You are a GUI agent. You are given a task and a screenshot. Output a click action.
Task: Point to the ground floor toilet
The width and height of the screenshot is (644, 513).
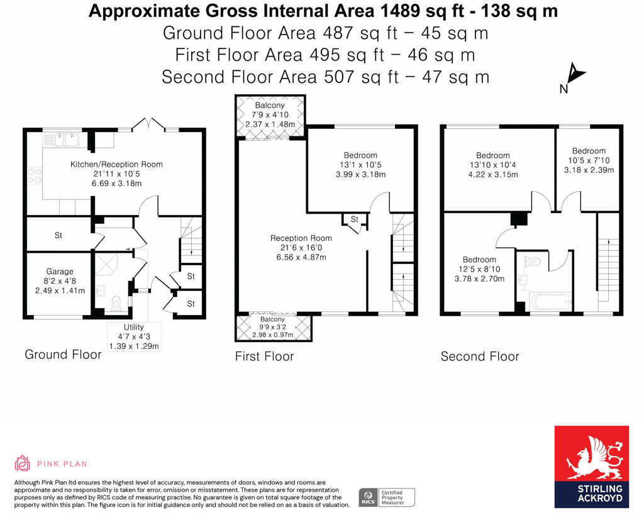[115, 305]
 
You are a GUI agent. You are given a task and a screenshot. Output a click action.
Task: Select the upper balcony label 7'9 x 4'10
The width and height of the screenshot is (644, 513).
[270, 115]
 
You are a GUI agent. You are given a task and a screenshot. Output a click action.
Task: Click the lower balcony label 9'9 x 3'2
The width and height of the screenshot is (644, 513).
[273, 327]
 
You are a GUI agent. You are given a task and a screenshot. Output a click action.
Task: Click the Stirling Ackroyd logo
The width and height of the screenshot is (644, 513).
[591, 466]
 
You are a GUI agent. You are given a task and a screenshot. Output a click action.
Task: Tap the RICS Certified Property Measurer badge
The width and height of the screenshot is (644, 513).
[387, 497]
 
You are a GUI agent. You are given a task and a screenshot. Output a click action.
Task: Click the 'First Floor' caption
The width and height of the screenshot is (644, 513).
[264, 356]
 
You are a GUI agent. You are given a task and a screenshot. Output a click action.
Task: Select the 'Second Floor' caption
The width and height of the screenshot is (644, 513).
[479, 356]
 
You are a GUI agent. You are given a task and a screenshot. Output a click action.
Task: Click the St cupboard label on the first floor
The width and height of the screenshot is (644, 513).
[354, 219]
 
